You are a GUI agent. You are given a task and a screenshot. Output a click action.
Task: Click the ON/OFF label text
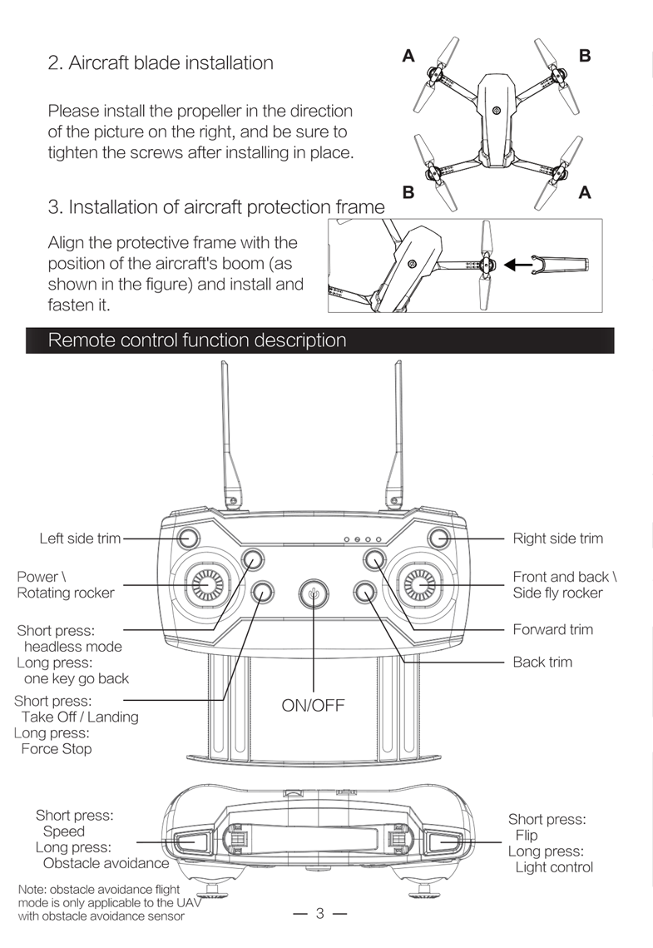coord(313,707)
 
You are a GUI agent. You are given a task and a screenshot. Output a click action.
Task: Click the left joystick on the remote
coord(205,586)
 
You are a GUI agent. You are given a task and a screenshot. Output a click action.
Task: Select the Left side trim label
coord(80,539)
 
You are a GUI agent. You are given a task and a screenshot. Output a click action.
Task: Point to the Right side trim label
coord(557,539)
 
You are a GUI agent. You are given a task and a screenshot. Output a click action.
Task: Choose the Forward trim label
coord(552,629)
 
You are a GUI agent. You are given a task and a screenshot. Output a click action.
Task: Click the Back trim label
coord(542,662)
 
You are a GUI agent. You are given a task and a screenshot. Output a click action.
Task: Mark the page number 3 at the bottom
coord(319,914)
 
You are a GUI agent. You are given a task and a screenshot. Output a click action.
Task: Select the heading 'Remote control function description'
coord(197,340)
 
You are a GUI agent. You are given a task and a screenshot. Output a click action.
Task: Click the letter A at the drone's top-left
coord(408,57)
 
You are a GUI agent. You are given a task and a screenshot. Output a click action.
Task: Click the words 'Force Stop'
coord(57,748)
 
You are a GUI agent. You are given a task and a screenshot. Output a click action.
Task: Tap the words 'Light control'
coord(554,867)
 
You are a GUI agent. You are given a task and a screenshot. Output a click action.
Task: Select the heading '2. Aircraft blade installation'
coord(161,63)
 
